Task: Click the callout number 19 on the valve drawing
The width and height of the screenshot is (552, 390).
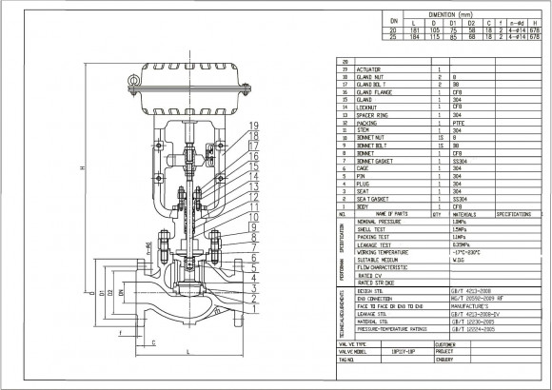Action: click(253, 127)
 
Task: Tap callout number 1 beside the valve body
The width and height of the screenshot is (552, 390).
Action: click(253, 309)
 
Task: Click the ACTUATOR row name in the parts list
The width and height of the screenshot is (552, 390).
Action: click(369, 69)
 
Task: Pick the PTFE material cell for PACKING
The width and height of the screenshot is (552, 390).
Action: click(459, 122)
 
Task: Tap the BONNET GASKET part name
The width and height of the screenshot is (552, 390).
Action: click(375, 161)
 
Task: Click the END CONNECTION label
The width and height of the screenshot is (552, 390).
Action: click(378, 297)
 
